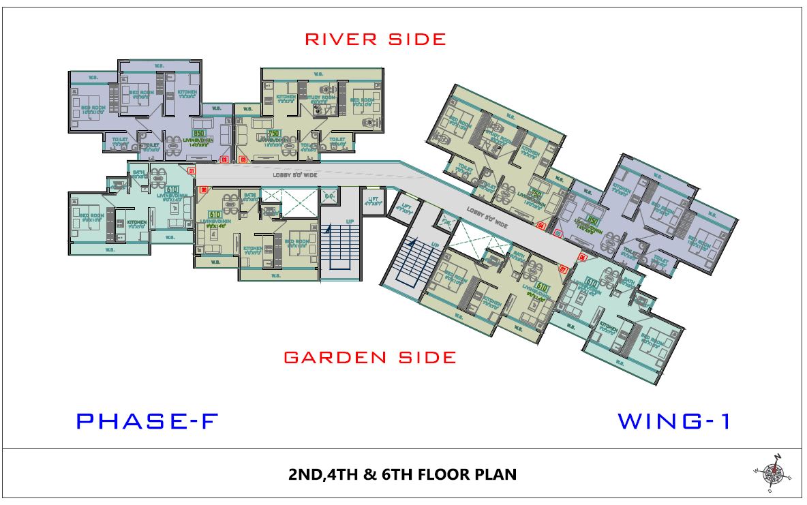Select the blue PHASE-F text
146,421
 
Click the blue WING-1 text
673,421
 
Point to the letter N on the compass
778,457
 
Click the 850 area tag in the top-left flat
200,134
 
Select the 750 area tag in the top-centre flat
274,134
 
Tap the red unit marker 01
192,170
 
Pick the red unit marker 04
540,225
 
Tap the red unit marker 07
563,269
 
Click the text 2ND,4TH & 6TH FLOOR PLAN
402,474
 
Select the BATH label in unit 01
138,173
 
